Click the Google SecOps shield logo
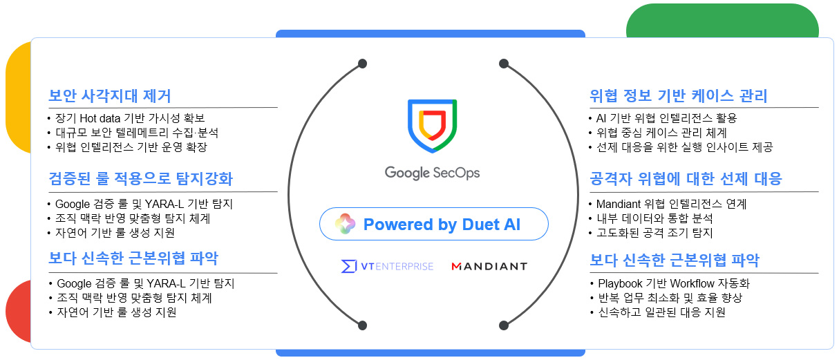click(x=432, y=126)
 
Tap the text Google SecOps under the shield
click(x=432, y=173)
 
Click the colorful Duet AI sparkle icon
click(x=345, y=224)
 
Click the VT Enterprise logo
click(x=387, y=266)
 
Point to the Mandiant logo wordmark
click(x=489, y=266)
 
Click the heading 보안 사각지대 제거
click(x=110, y=96)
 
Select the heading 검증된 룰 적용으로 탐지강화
click(x=141, y=179)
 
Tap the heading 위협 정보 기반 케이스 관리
click(x=678, y=96)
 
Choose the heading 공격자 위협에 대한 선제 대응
click(x=686, y=179)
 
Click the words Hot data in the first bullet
click(x=100, y=118)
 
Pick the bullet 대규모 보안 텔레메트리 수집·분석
click(x=137, y=133)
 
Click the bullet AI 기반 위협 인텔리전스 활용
click(x=667, y=118)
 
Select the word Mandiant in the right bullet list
click(x=619, y=204)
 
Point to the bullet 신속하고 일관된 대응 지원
click(x=661, y=312)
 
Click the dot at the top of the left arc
click(x=362, y=64)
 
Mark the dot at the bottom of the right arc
click(x=504, y=325)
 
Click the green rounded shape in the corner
click(x=722, y=21)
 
